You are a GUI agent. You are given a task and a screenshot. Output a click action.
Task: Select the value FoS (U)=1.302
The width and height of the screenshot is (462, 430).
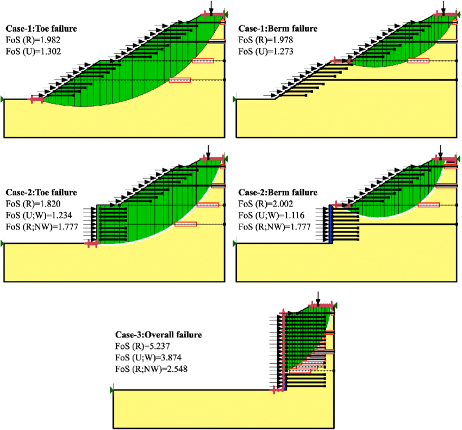33,52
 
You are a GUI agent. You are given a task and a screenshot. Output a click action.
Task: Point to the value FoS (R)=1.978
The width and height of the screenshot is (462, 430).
266,40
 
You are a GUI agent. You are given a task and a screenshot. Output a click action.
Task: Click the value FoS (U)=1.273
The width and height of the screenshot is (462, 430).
266,52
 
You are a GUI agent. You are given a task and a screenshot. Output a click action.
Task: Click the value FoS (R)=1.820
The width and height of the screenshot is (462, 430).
33,204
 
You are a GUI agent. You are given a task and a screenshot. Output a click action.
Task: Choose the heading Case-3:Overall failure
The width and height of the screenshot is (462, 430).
158,335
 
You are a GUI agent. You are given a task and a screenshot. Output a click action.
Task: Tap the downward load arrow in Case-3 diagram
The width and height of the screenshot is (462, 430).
318,298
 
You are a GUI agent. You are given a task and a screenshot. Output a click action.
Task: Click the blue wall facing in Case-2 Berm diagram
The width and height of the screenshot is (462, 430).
330,223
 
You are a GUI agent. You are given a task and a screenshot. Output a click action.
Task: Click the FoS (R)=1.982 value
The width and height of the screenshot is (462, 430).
33,40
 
